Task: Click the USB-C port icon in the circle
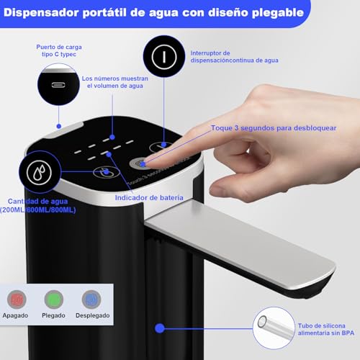click(x=58, y=83)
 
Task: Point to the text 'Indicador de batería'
click(x=149, y=197)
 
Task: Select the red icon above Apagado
click(x=19, y=300)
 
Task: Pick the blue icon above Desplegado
click(x=91, y=300)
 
